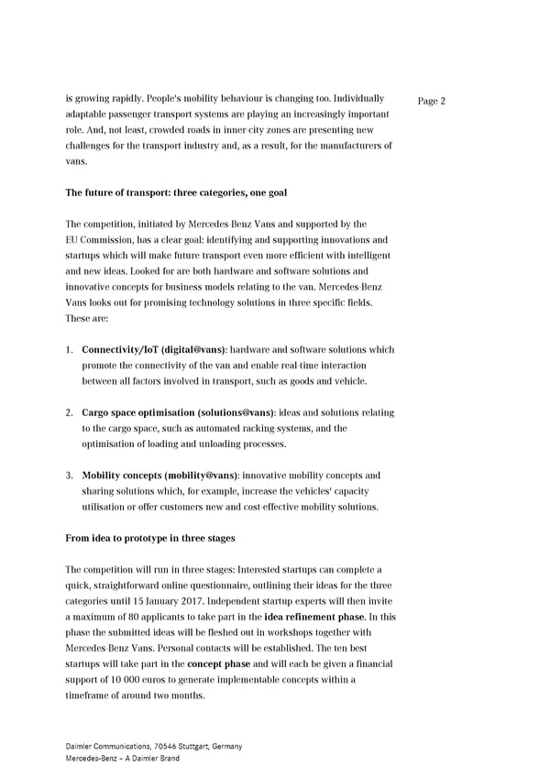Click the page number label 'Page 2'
(x=431, y=101)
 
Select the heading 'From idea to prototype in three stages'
(x=150, y=538)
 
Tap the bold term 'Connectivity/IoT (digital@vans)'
(x=154, y=349)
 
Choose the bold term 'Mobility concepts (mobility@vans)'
(x=160, y=476)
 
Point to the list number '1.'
(x=71, y=349)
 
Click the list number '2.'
(x=71, y=412)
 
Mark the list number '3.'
(x=71, y=476)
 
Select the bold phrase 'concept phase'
(x=217, y=663)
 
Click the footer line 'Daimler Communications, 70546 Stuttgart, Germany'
(x=154, y=746)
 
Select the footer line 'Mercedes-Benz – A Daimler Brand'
(x=123, y=758)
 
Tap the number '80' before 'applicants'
(x=128, y=617)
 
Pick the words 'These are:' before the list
(x=87, y=318)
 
